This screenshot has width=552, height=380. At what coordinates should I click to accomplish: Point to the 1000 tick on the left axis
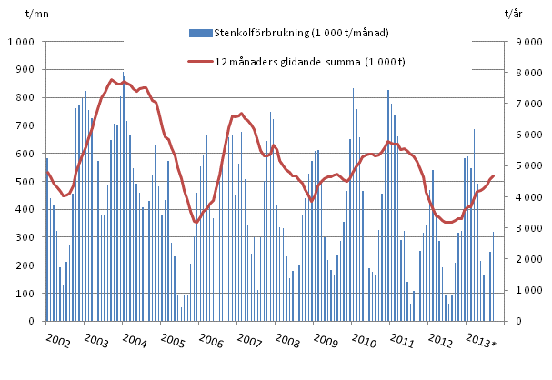coord(22,42)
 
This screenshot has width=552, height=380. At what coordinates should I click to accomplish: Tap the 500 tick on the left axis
coord(25,182)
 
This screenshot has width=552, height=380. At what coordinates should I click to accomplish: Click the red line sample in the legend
coord(198,63)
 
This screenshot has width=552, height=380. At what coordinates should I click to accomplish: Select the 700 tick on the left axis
coord(25,125)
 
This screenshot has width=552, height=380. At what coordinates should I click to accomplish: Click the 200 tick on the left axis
coord(25,265)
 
